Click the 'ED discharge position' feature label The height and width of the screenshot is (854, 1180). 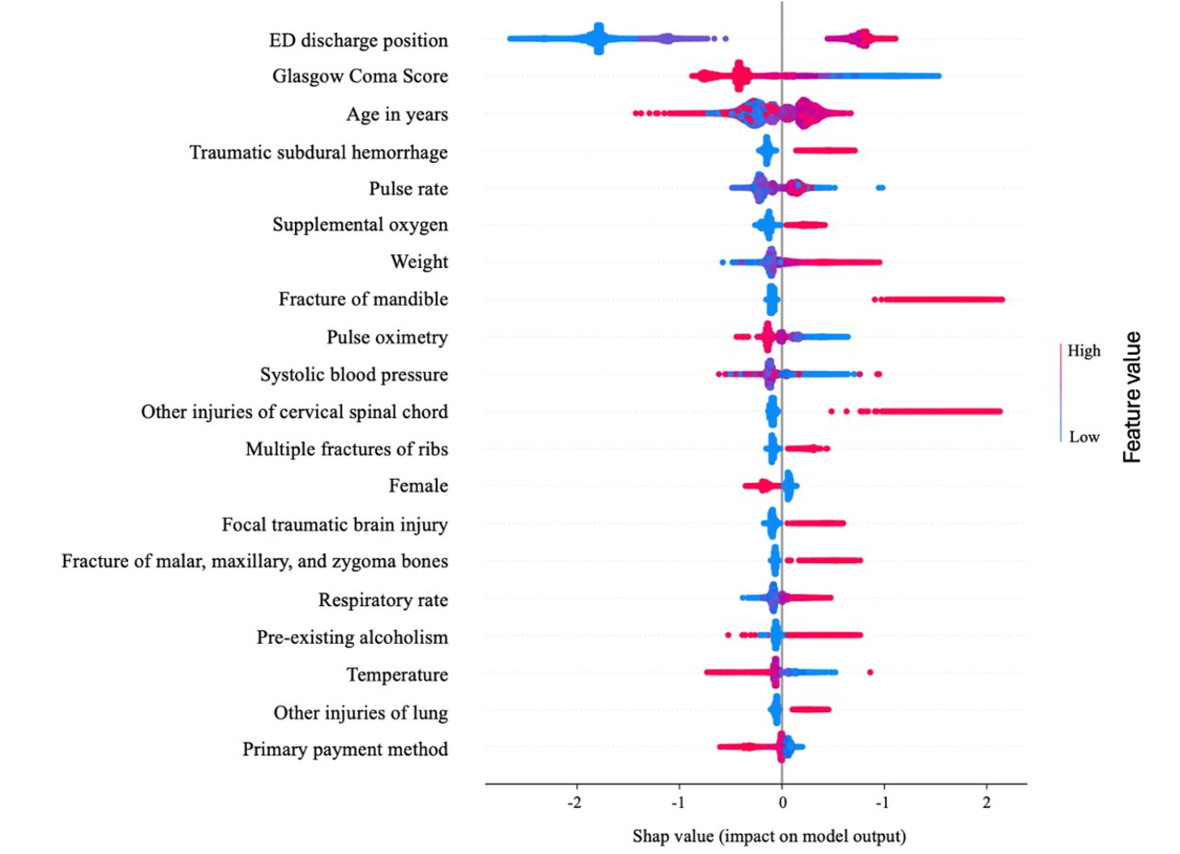pos(359,41)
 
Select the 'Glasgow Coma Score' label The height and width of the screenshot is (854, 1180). pos(360,76)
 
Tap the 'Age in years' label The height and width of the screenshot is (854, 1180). pos(397,114)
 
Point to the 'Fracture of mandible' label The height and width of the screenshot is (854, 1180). pos(363,299)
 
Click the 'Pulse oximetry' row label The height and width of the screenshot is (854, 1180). pos(387,337)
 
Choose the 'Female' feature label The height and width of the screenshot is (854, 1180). pos(418,485)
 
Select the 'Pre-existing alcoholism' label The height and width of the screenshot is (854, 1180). pos(352,638)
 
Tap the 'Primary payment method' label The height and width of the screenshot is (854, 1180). pos(346,749)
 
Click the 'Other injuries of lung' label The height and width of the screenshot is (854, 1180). pos(360,712)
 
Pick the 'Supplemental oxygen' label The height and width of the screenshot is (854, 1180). pos(360,225)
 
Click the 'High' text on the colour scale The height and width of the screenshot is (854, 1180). pos(1083,351)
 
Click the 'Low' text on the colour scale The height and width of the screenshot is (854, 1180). pos(1083,438)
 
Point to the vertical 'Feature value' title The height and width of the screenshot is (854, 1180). pos(1133,396)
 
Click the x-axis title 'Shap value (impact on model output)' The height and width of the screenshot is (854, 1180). pos(769,836)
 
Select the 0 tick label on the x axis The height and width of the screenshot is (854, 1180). pos(782,801)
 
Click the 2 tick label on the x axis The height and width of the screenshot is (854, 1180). pos(987,801)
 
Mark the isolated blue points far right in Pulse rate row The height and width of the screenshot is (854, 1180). pos(880,188)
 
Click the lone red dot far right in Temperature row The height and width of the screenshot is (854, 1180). pos(869,673)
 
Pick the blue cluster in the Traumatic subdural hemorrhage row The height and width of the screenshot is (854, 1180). pos(766,151)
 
